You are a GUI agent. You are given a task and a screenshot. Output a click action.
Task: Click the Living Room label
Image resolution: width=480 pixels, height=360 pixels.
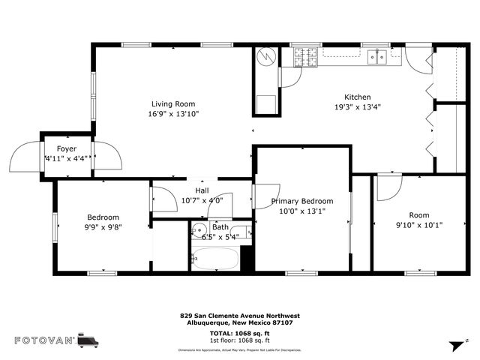(x=173, y=104)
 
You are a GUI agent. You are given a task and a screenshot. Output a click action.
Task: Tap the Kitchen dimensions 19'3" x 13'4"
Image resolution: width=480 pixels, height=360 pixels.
(x=357, y=106)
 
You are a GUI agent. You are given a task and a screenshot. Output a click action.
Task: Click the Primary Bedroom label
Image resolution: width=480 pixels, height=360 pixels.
(x=302, y=201)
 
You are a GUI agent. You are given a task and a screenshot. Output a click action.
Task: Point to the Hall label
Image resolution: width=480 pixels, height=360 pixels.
(x=202, y=190)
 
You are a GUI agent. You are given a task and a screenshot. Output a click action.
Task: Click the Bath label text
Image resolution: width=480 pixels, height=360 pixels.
(x=220, y=227)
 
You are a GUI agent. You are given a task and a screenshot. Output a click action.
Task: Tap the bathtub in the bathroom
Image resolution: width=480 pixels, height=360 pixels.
(x=215, y=259)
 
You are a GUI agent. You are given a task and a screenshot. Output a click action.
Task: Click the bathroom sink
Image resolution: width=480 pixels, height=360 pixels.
(x=199, y=230)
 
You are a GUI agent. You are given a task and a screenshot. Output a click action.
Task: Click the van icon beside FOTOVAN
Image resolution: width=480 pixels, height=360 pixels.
(x=88, y=340)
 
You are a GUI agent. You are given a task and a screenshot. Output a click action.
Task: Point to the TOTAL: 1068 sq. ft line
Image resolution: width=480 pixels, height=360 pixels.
(x=240, y=332)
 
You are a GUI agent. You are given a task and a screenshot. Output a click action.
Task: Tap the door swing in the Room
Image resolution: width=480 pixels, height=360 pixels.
(x=387, y=187)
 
